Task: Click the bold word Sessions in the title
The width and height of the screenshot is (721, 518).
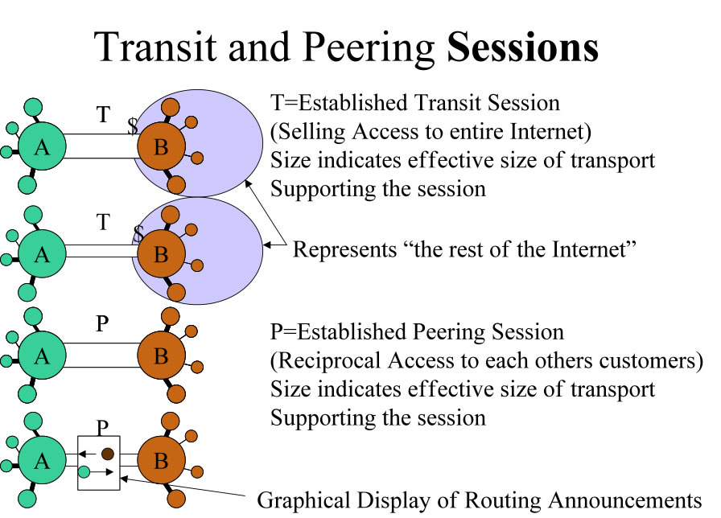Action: pos(523,47)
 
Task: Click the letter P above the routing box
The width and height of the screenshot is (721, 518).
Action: pos(103,426)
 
